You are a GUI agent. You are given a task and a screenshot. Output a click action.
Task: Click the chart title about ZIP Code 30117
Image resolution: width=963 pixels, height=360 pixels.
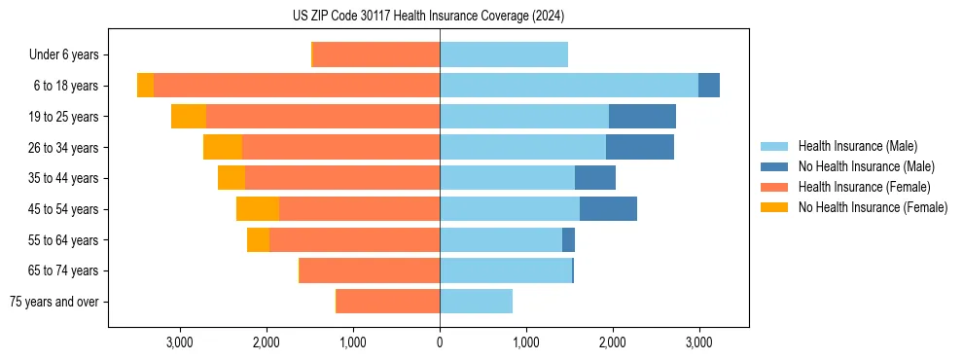click(428, 17)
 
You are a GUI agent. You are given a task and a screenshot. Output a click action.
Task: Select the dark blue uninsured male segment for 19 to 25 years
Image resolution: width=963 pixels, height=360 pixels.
click(642, 117)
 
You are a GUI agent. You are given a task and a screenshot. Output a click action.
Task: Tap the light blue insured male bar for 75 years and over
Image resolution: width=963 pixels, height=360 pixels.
click(476, 302)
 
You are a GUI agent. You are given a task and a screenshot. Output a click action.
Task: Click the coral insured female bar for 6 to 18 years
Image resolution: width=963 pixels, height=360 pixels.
click(297, 86)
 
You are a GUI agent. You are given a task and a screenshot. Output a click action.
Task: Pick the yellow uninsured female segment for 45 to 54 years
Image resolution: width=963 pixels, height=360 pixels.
click(258, 209)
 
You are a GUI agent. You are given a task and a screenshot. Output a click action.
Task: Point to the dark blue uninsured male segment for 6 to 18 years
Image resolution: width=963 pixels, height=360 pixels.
click(709, 86)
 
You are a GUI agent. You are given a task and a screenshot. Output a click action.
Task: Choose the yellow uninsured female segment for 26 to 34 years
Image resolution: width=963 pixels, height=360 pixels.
click(223, 147)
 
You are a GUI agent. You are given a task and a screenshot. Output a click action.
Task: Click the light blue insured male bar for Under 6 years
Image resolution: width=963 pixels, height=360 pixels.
click(503, 54)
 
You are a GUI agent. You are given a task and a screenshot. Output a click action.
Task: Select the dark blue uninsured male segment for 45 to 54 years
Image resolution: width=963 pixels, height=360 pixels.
click(608, 209)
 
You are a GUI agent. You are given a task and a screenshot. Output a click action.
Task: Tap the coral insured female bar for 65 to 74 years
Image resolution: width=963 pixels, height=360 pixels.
click(370, 270)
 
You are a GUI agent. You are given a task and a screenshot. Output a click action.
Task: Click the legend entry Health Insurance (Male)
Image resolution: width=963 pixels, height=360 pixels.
click(857, 146)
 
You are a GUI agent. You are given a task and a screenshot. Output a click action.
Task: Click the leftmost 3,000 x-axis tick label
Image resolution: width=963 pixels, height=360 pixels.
click(179, 342)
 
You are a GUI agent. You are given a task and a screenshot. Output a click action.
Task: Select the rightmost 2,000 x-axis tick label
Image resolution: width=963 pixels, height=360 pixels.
click(612, 342)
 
